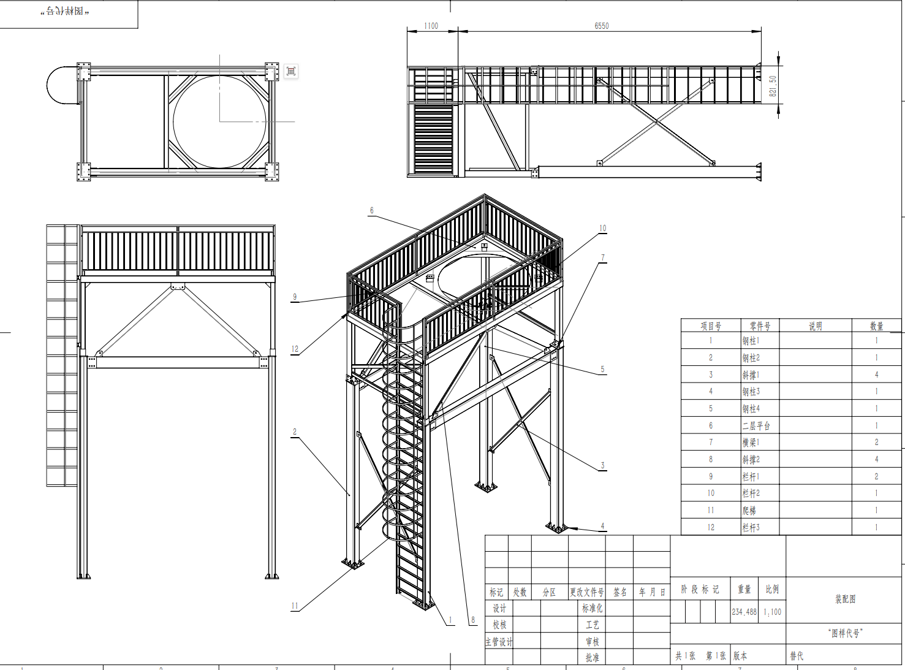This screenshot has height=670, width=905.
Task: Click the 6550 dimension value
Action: [601, 26]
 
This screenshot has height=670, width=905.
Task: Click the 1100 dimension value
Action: [431, 26]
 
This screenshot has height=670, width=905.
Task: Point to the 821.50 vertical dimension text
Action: [773, 86]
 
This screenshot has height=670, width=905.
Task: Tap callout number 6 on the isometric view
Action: [371, 210]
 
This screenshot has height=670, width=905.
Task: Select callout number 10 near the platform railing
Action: [602, 228]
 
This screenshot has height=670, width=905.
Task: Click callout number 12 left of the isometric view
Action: [295, 349]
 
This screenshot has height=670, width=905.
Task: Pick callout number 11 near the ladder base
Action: [295, 606]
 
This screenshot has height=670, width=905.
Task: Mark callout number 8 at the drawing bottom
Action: [472, 620]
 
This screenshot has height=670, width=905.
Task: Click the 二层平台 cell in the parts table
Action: [756, 425]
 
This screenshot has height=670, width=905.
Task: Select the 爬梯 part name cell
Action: [749, 510]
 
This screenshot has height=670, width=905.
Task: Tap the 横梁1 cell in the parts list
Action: [751, 442]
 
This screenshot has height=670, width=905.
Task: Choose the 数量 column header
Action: [876, 326]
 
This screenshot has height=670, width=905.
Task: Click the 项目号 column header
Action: [711, 326]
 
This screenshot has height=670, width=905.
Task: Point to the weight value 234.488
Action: [744, 612]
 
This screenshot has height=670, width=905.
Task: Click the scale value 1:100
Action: [772, 612]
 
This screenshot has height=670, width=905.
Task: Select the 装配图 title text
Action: [845, 599]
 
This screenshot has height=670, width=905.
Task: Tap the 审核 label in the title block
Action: [592, 642]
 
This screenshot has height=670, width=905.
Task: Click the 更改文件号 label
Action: [586, 592]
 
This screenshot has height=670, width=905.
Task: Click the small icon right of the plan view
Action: [291, 71]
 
